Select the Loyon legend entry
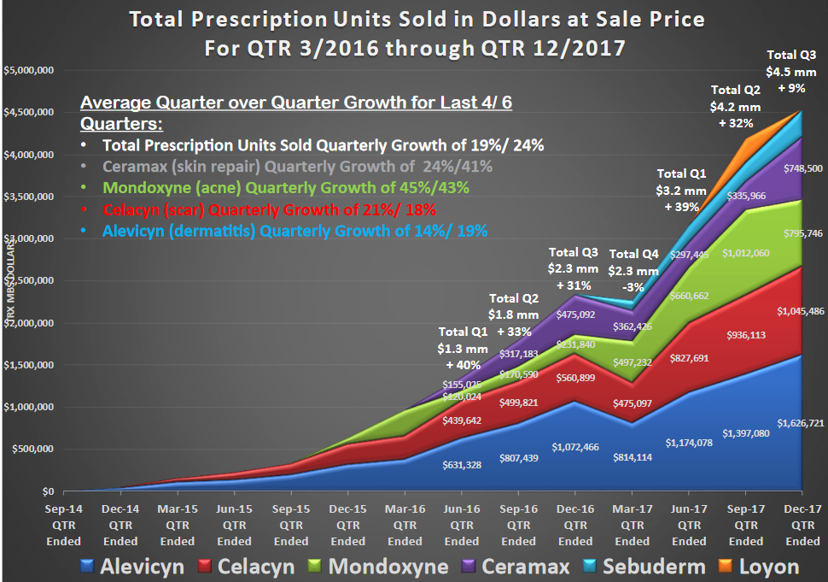[x=755, y=566]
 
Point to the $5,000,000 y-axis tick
[x=29, y=70]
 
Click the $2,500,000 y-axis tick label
[x=29, y=281]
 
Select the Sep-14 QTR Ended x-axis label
[x=63, y=525]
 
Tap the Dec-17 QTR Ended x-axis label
[x=802, y=525]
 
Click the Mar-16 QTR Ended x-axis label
[x=405, y=525]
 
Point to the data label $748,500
[x=802, y=169]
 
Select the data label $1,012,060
[x=745, y=253]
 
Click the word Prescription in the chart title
[x=288, y=18]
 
